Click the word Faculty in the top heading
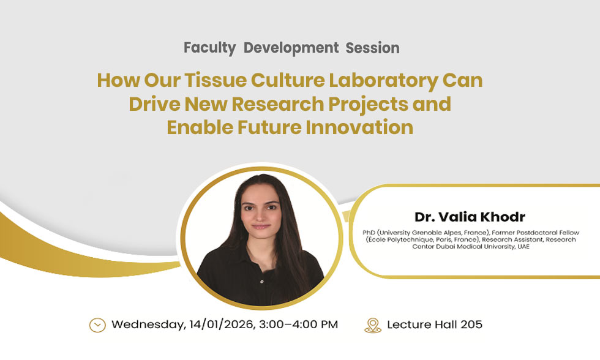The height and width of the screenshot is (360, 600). [209, 48]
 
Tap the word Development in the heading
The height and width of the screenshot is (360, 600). [291, 48]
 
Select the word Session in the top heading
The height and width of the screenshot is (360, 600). [372, 48]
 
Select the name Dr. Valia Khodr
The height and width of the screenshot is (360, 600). [470, 217]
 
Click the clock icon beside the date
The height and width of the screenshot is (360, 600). [97, 324]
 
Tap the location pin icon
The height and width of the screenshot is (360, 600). [372, 324]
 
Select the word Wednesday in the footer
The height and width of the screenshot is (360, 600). [146, 324]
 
